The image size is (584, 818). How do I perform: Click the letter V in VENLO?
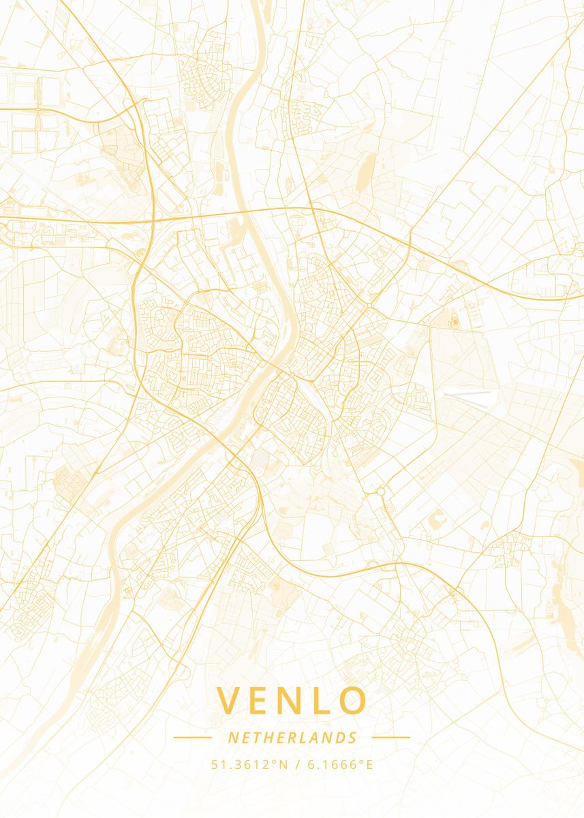[230, 701]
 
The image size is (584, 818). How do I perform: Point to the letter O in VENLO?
[353, 701]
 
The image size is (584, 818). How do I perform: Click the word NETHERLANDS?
[292, 738]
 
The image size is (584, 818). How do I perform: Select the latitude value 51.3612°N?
[250, 764]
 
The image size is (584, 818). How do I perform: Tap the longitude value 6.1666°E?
[340, 764]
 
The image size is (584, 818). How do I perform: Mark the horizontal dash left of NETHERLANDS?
[193, 737]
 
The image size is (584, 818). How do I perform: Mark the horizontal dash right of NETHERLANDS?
[391, 737]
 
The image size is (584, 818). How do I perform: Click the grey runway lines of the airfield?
[467, 398]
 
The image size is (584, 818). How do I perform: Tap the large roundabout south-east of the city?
[380, 490]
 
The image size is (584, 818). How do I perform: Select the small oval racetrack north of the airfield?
[453, 318]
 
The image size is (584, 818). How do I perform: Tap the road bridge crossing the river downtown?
[279, 369]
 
